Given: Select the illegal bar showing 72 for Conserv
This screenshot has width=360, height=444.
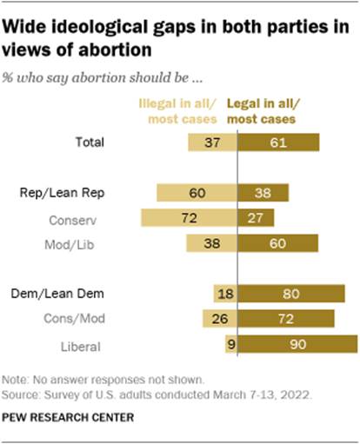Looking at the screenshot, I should [x=189, y=218].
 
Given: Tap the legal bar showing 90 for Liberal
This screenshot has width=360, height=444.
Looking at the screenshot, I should [x=297, y=346].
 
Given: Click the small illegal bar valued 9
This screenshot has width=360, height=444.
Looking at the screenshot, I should [x=230, y=346].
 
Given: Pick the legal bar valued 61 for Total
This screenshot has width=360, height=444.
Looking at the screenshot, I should [x=278, y=143].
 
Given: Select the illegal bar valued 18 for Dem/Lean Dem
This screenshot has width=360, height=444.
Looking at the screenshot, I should [x=225, y=295].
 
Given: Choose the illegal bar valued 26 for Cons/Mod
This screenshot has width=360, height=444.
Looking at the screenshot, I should [x=220, y=321].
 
